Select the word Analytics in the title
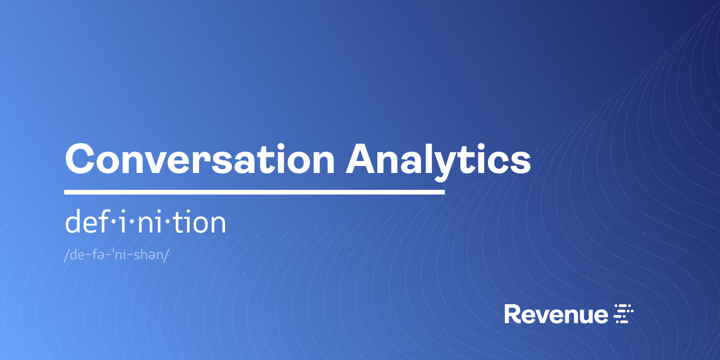coord(438,159)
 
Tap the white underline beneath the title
coord(254,192)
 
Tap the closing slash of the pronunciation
coord(166,256)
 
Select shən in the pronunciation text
coord(147,256)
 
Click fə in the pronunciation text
coord(103,256)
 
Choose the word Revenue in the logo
coord(556,314)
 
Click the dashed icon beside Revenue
coord(624,314)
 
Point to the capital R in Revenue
coord(512,314)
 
